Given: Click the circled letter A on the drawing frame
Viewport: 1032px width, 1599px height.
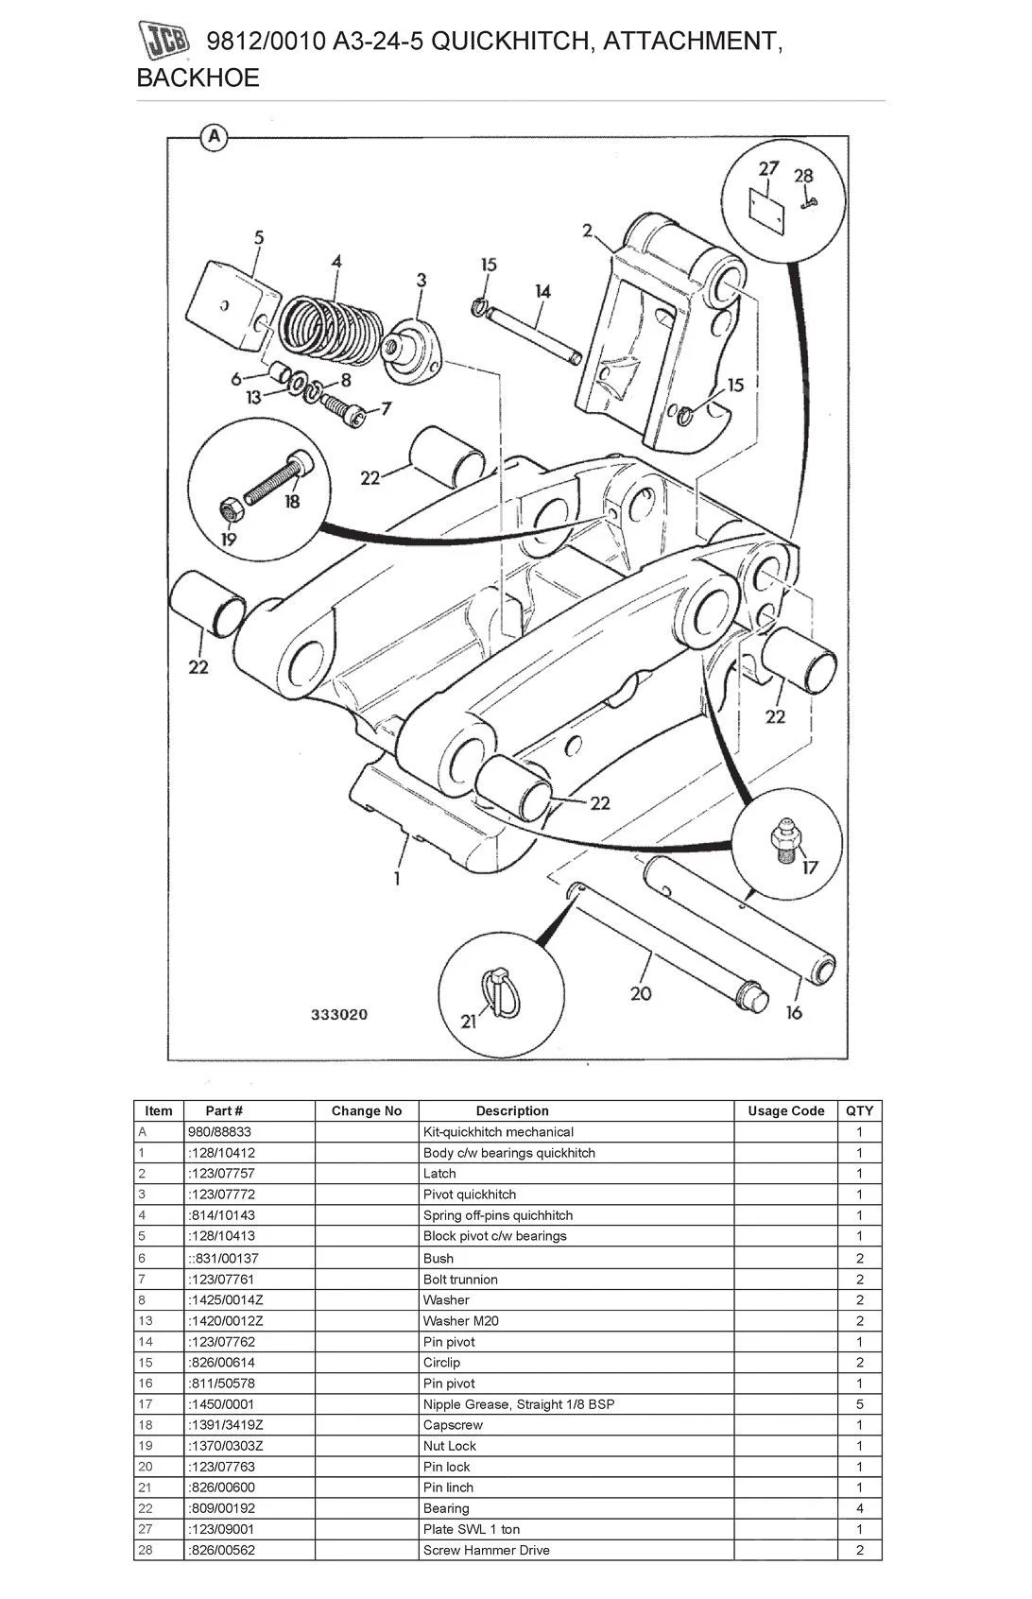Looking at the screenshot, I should click(215, 137).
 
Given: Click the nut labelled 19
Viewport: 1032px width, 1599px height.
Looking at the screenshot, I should click(231, 510).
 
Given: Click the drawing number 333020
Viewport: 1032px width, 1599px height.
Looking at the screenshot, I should click(339, 1015).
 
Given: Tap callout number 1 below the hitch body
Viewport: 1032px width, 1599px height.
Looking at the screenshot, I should click(397, 878).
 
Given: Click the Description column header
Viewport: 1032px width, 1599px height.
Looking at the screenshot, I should click(512, 1110).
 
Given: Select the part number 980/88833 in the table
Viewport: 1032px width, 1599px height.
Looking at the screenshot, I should click(219, 1131).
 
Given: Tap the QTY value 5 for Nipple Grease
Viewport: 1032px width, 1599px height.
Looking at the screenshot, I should click(859, 1403).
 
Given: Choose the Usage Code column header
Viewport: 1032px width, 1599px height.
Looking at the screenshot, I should click(785, 1110).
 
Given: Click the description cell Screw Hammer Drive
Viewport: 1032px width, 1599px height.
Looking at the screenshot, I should click(486, 1549).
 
